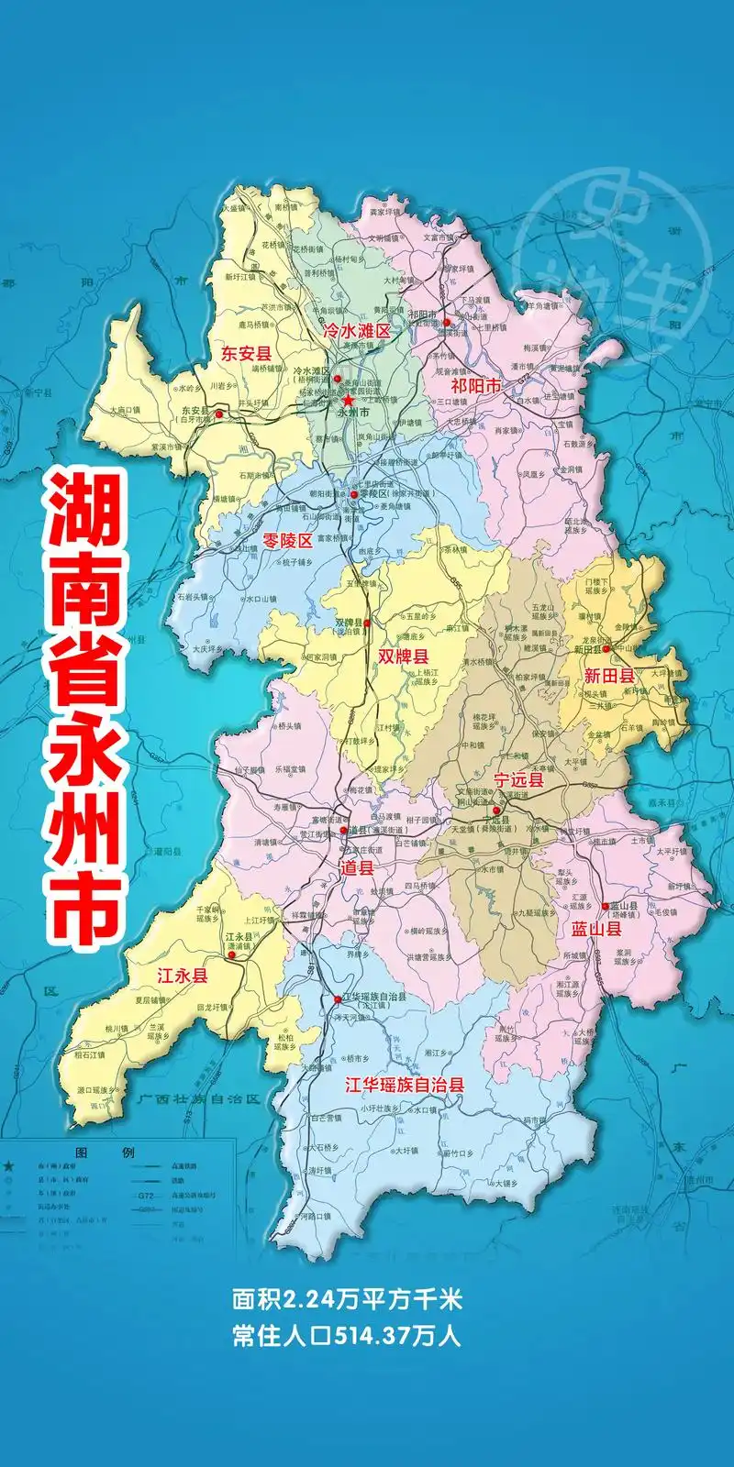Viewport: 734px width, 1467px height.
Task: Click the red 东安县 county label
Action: [244, 352]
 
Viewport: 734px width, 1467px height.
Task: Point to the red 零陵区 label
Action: [287, 540]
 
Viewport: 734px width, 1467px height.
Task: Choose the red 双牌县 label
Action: [404, 656]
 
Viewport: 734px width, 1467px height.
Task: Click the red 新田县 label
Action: [609, 676]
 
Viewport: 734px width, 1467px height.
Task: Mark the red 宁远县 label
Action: [518, 780]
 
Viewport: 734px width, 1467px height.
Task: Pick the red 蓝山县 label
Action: [596, 929]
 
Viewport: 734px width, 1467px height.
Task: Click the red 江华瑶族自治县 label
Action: [404, 1085]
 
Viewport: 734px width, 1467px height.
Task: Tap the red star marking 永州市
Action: [349, 401]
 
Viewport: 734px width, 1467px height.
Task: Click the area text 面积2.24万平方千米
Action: [346, 1299]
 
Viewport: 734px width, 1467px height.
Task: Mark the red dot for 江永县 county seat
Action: [232, 954]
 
